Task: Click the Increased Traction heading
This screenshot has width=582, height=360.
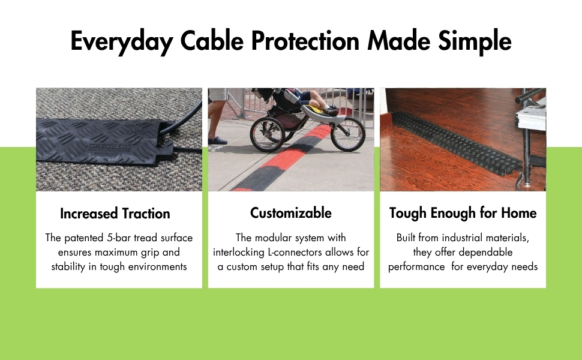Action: pyautogui.click(x=115, y=214)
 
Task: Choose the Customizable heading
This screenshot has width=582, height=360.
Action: pyautogui.click(x=291, y=213)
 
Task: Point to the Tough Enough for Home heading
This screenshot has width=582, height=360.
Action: pyautogui.click(x=463, y=213)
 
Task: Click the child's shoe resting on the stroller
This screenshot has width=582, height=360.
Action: pyautogui.click(x=329, y=112)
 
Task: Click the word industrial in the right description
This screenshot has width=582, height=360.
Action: pyautogui.click(x=464, y=238)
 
